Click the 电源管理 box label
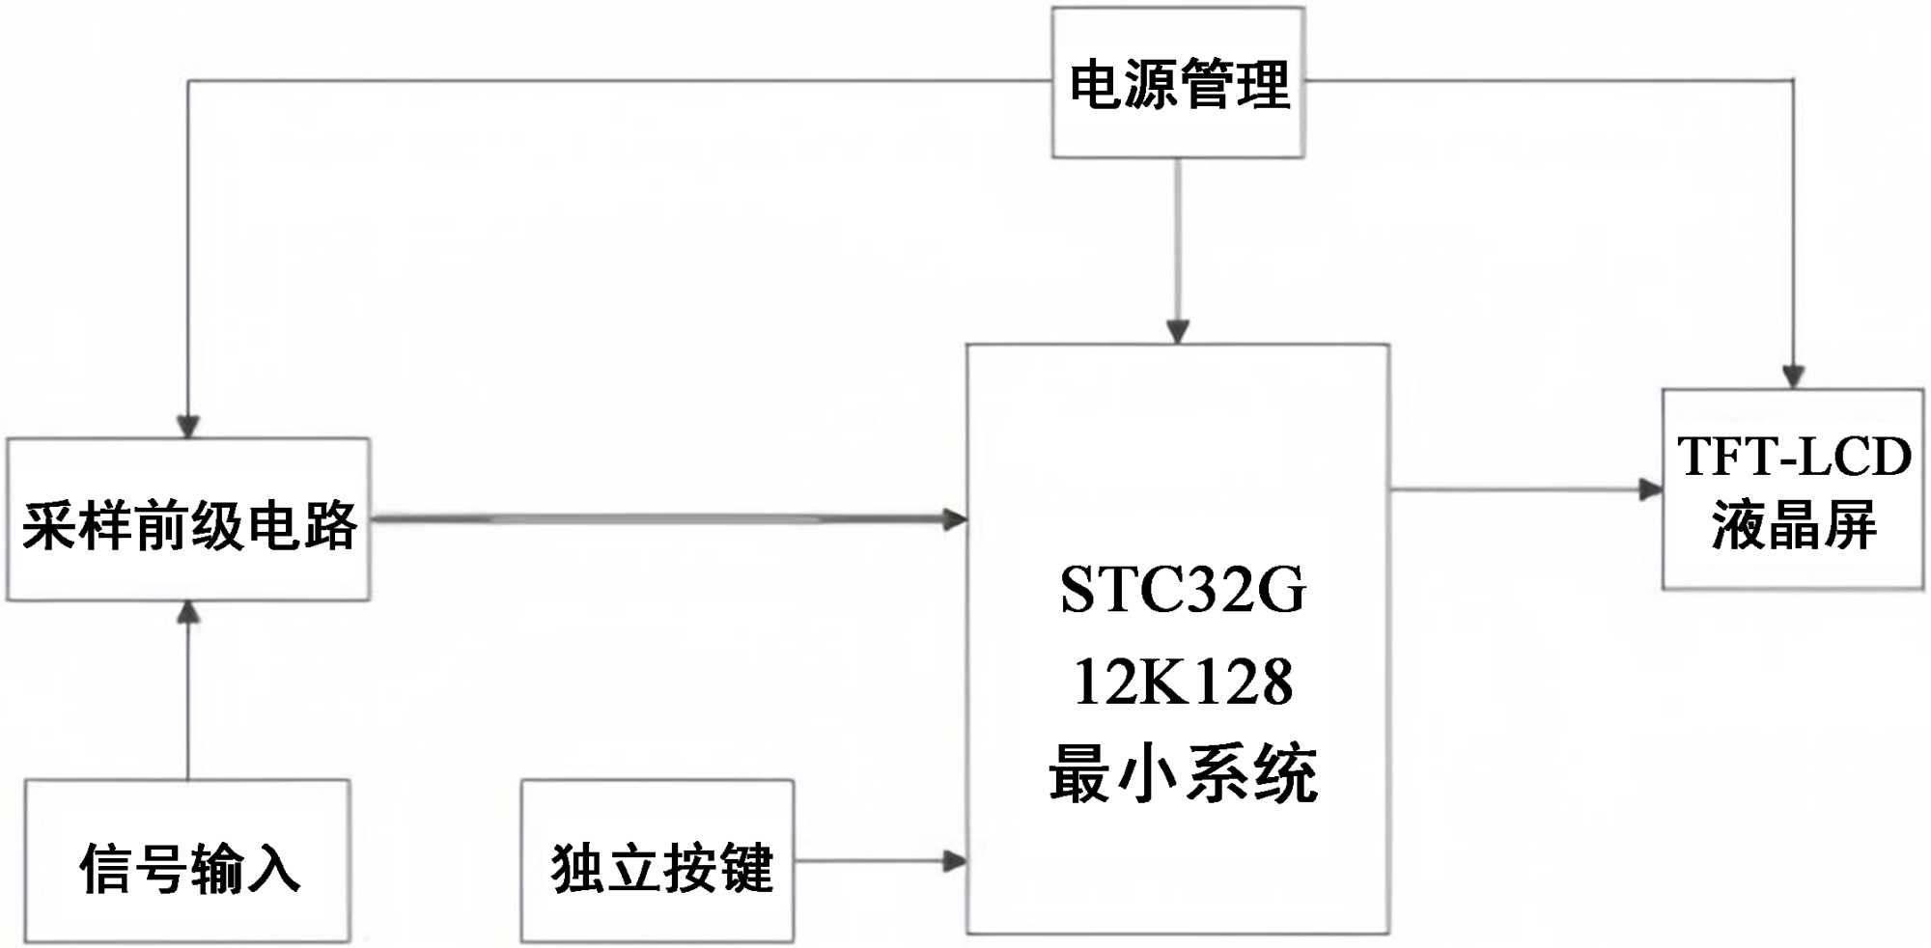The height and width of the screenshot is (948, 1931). (1179, 84)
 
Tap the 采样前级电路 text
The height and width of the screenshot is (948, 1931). (189, 525)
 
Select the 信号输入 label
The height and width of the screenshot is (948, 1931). (189, 868)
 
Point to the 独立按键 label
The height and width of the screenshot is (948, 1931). (662, 868)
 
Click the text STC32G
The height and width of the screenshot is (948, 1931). (1183, 590)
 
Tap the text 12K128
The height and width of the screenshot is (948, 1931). (1183, 683)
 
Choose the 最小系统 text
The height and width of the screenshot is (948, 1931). (1183, 774)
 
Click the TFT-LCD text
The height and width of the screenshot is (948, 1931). (1794, 457)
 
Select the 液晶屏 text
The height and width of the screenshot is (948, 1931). (1794, 525)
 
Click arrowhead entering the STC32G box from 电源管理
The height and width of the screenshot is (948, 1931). (1178, 331)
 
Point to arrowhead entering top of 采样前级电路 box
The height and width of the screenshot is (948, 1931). (188, 426)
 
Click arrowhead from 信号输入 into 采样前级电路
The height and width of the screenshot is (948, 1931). (188, 613)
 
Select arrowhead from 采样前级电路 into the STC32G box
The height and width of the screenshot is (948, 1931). (954, 519)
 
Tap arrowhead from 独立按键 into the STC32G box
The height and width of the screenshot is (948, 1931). (954, 861)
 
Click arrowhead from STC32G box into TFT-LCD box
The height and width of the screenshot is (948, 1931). (1650, 489)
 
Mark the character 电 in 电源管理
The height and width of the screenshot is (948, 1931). (1097, 84)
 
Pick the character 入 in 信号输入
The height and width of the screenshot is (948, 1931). (273, 868)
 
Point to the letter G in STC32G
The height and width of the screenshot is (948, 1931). (1280, 590)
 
